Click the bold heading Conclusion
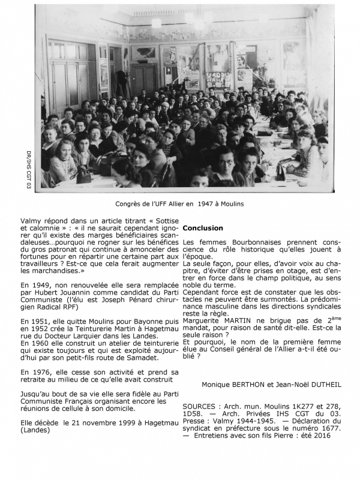pos(203,228)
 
